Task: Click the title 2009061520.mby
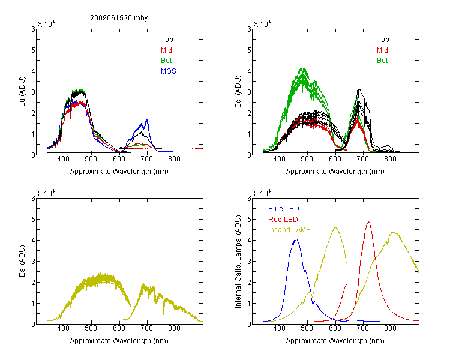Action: pos(119,18)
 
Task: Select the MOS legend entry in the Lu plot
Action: pos(169,71)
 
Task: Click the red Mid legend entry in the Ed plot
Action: pos(382,50)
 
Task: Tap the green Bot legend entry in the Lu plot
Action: pos(166,61)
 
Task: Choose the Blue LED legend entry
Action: pos(284,209)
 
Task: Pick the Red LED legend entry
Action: pos(283,220)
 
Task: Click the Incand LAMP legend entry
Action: pos(289,230)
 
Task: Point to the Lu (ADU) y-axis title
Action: pos(22,92)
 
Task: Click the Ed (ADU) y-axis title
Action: pos(238,92)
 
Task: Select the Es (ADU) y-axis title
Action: pos(22,261)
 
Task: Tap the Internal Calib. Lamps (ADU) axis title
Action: pos(238,262)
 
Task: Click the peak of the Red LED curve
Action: pos(368,222)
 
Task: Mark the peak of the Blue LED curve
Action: pos(296,239)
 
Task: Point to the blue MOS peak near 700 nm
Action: pos(147,119)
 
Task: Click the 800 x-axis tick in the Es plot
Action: pos(174,328)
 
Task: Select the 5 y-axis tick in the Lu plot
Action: pos(33,50)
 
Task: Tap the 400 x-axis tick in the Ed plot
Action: pos(279,159)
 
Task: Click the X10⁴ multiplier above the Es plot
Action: pos(46,193)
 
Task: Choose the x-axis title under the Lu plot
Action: pos(119,172)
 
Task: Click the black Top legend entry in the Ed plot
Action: pos(383,40)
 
